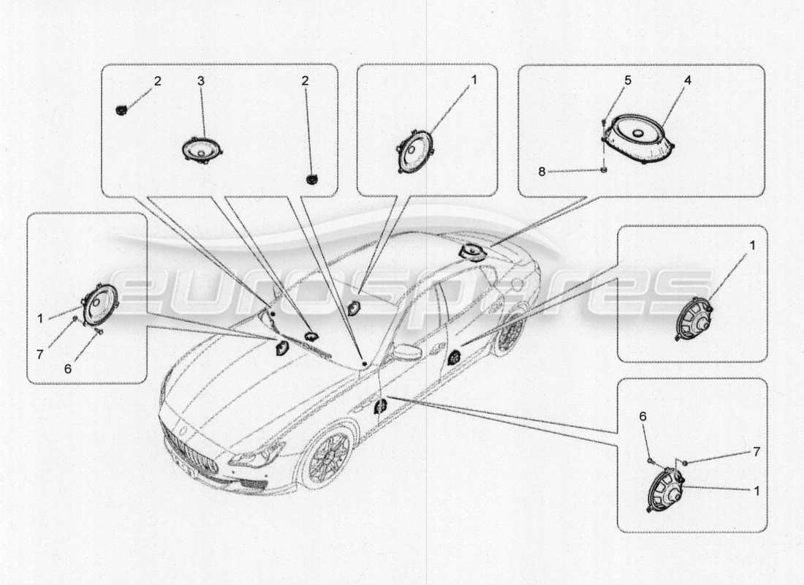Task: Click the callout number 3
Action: click(x=201, y=81)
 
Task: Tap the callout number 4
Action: click(x=686, y=81)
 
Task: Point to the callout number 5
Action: click(x=627, y=81)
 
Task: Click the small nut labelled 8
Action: click(x=604, y=171)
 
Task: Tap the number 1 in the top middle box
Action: click(x=473, y=80)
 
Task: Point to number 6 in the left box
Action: click(x=68, y=369)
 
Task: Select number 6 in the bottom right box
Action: click(x=642, y=415)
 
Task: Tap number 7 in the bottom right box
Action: click(x=756, y=452)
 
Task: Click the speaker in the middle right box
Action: click(x=694, y=319)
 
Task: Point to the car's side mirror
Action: click(x=406, y=353)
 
